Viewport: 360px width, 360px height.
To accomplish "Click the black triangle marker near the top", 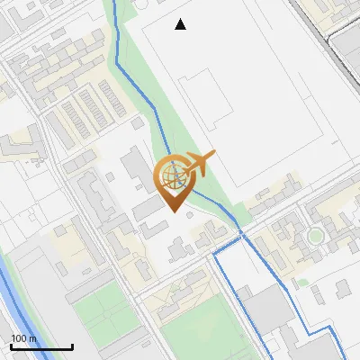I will point(181,24).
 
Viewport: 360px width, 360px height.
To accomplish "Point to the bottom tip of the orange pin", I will point(173,211).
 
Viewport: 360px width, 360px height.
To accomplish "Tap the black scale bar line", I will point(41,346).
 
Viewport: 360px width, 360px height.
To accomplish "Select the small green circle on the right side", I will point(315,236).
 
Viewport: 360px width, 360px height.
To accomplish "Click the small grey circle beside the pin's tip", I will point(189,214).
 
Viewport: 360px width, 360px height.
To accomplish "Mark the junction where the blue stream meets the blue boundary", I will point(240,236).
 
